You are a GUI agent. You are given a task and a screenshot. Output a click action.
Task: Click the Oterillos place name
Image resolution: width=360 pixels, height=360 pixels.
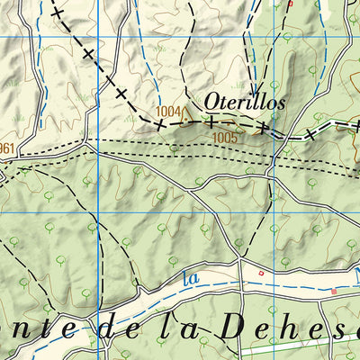(245, 102)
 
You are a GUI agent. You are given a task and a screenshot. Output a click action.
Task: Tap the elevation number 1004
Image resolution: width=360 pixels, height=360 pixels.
(167, 112)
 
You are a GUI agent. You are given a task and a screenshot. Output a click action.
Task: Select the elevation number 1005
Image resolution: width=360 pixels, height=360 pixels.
(225, 138)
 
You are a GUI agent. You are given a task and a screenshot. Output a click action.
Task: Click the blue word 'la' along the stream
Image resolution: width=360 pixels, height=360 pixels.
(190, 279)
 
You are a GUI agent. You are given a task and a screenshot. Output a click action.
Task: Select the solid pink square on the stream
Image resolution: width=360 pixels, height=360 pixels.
(333, 292)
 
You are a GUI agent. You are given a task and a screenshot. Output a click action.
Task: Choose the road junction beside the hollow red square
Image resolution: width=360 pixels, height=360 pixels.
(241, 263)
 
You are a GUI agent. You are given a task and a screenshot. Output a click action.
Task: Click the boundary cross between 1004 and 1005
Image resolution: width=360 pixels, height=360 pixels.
(210, 120)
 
